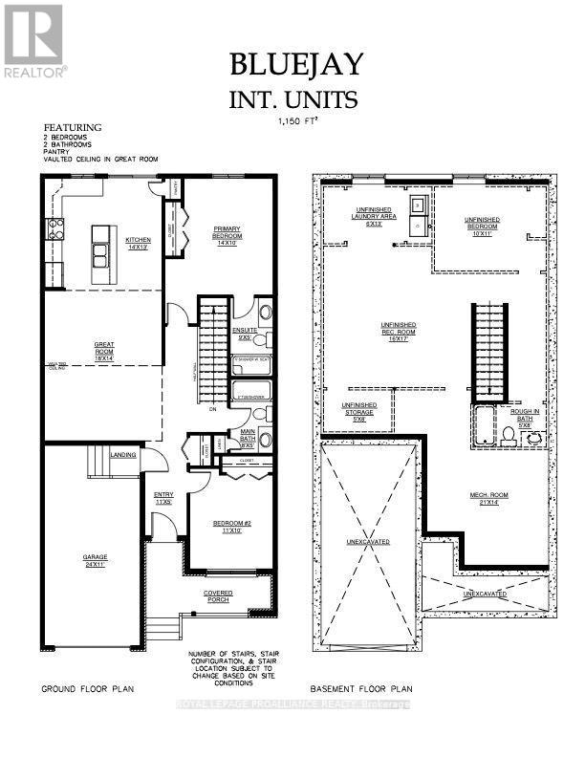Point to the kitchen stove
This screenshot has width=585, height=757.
coord(55,229)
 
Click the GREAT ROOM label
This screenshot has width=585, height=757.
coord(104,350)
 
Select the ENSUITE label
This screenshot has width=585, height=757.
coord(246,333)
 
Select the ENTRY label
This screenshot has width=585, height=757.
coord(163,497)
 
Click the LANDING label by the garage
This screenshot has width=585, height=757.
coord(123,455)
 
